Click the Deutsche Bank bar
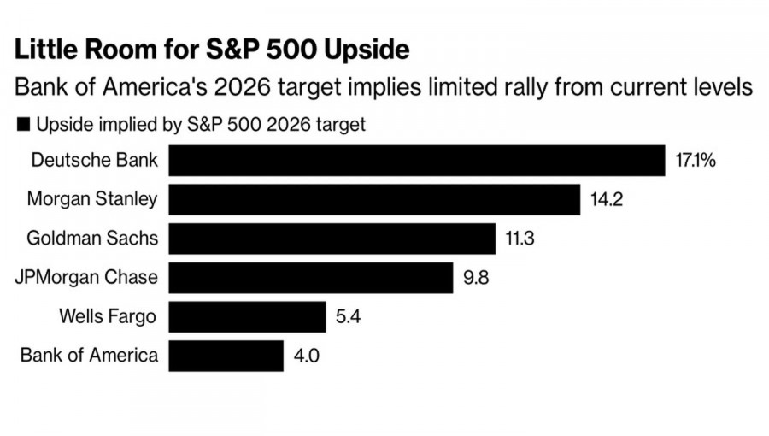416,161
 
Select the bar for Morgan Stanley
374,199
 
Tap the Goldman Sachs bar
332,238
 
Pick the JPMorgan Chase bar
310,277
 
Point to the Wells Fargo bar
247,316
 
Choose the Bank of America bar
226,355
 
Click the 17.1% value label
695,161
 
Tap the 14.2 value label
608,200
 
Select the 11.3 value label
520,239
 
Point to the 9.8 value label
476,278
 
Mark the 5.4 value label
349,317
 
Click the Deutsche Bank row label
94,160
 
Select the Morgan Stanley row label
92,200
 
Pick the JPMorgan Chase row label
87,277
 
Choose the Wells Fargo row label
108,316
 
